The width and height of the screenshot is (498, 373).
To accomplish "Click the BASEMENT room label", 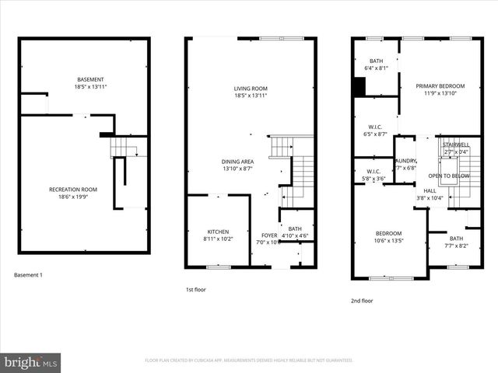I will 90,79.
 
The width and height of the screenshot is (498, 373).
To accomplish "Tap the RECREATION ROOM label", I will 72,190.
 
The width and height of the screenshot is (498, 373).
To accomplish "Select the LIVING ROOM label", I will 251,89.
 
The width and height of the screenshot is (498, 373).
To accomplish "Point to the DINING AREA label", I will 239,162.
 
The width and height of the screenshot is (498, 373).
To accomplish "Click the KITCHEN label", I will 218,232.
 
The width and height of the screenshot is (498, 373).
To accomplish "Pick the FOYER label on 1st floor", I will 269,235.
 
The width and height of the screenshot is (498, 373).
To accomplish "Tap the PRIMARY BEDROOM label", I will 440,86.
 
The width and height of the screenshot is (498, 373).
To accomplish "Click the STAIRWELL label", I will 455,145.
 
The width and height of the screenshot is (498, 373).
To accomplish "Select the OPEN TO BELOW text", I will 448,176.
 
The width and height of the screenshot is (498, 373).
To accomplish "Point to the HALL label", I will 430,190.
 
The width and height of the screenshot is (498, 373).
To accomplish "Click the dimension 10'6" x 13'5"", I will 388,241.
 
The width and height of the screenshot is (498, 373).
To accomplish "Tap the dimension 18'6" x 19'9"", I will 72,197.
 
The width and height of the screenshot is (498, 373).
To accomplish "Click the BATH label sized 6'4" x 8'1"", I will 377,61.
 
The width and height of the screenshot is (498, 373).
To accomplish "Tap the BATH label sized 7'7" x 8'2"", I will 456,239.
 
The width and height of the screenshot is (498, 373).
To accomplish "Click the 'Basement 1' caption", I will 30,275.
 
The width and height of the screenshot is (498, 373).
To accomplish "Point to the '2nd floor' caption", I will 361,301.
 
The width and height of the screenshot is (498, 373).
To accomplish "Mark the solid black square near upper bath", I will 358,88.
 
